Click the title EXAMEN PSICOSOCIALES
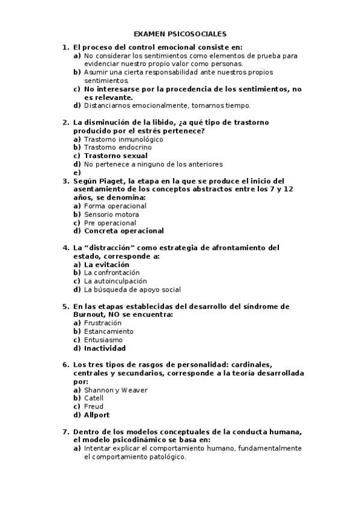[180, 35]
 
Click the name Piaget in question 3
[119, 180]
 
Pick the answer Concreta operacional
[124, 231]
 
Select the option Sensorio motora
[111, 214]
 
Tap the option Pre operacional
[110, 223]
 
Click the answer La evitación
[106, 264]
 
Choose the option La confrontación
[115, 272]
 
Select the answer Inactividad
[105, 348]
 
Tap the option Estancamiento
[109, 331]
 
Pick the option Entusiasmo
[103, 340]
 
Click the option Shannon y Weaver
[116, 390]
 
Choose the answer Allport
[97, 415]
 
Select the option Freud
[94, 407]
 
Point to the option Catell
[94, 398]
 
